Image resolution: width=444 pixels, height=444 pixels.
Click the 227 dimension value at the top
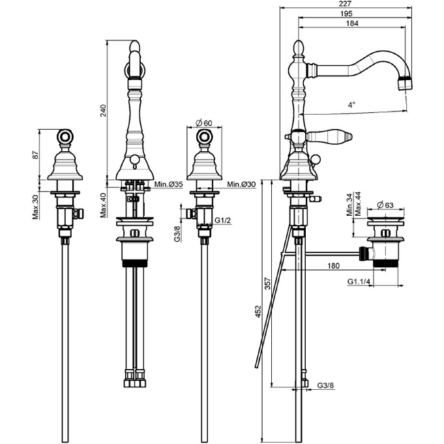[x=345, y=4]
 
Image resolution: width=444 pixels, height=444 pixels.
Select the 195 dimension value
[x=346, y=13]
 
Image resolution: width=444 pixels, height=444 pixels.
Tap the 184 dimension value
[x=352, y=23]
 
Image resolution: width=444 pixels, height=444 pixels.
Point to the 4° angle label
[x=351, y=105]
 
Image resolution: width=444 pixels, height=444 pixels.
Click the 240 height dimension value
[x=104, y=111]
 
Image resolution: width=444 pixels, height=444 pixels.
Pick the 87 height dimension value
[x=35, y=155]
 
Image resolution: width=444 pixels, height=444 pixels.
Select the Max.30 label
[x=35, y=207]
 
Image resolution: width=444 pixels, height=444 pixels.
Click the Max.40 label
[x=104, y=205]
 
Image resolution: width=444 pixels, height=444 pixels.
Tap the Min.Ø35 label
[x=169, y=185]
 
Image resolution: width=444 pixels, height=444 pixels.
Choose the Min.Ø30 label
[x=241, y=185]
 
